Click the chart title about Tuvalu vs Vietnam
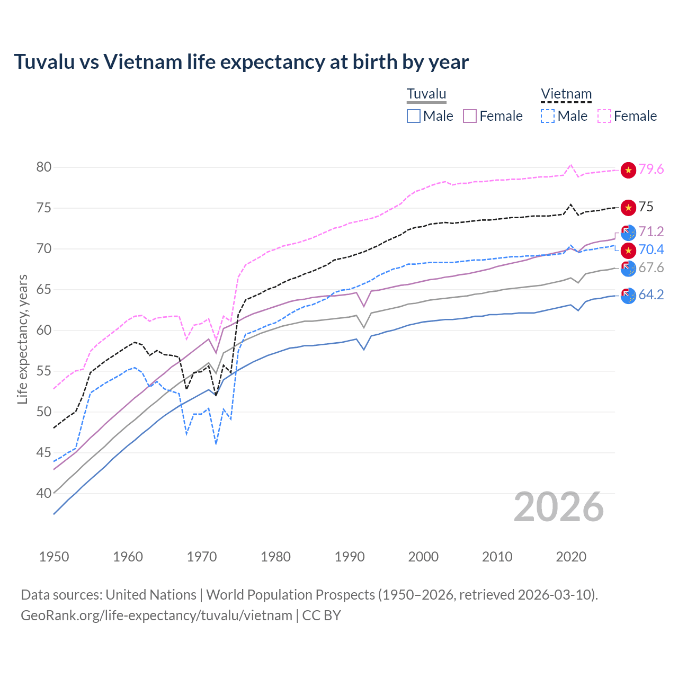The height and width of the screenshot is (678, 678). tap(241, 62)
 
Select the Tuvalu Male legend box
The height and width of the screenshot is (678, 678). tap(414, 116)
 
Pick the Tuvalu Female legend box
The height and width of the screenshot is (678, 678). tap(470, 116)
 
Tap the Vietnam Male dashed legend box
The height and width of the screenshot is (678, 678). tap(548, 116)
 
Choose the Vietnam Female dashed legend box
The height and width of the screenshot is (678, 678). tap(604, 116)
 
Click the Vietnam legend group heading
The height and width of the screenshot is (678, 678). tap(566, 94)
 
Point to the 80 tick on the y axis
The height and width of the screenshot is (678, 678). tap(44, 167)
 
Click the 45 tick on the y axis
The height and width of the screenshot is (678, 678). tap(44, 452)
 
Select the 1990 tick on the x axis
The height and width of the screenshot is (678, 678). tap(350, 557)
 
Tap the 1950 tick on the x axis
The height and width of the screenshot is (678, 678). tap(54, 557)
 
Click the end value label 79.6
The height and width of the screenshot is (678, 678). tap(651, 169)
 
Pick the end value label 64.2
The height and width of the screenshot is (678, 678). tap(651, 295)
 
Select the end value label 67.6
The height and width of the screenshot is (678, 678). tap(651, 268)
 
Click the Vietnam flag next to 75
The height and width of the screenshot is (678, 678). tap(628, 208)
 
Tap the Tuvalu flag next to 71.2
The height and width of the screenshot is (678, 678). tap(628, 233)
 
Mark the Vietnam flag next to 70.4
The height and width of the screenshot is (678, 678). tap(628, 250)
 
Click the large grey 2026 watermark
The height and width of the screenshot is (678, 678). tap(558, 507)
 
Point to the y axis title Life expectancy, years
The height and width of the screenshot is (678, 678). tap(23, 339)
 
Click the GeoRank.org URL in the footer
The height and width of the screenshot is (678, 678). tap(156, 615)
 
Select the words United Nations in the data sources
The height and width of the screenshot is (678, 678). tap(151, 595)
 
